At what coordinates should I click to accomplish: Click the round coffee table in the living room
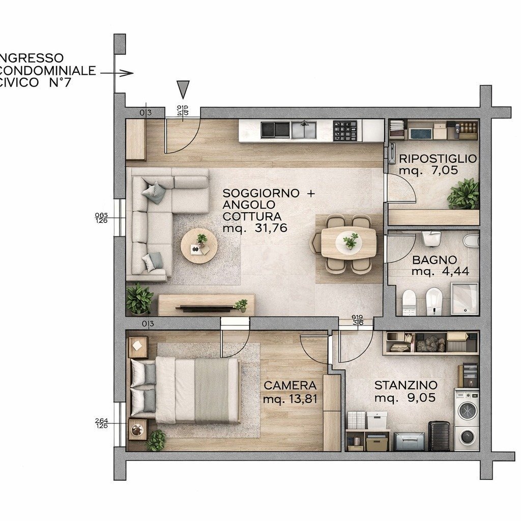click(199, 246)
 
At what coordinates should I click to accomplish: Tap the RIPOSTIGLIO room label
click(438, 159)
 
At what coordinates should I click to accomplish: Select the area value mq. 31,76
click(255, 228)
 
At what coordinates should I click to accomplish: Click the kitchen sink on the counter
click(304, 130)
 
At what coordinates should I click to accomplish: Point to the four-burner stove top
click(345, 130)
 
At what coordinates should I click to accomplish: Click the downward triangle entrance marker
click(183, 89)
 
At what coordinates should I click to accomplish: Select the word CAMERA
click(290, 386)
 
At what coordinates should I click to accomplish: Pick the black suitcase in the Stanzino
click(439, 436)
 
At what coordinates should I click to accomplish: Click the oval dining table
click(349, 242)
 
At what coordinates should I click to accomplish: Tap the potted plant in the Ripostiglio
click(464, 194)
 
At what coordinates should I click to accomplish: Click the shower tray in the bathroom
click(464, 299)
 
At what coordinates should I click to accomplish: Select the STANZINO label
click(406, 385)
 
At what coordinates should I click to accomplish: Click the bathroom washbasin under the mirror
click(431, 237)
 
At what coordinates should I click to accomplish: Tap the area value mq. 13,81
click(290, 399)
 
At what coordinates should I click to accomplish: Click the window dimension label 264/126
click(101, 423)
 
